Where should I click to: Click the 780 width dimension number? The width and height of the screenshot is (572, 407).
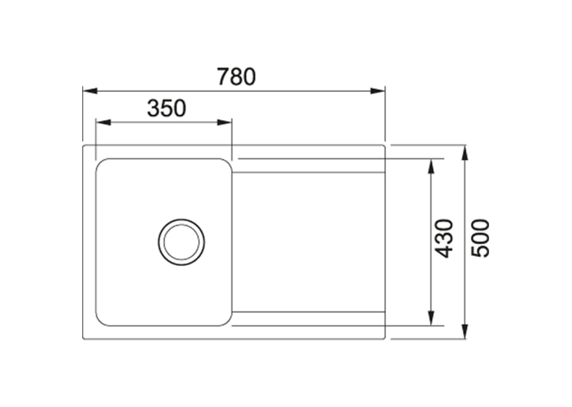click(x=237, y=77)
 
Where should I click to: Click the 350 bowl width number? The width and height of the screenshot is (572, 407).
click(x=167, y=108)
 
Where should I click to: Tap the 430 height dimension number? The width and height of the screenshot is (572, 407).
click(x=444, y=238)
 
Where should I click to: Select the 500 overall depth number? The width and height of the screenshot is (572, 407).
click(x=479, y=238)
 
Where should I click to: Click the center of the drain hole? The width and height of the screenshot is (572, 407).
click(x=181, y=242)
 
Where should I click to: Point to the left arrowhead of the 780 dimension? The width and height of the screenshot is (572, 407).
click(x=90, y=90)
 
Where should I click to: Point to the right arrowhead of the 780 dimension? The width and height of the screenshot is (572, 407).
click(x=378, y=90)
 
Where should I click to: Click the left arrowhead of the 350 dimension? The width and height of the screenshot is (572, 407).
click(x=103, y=122)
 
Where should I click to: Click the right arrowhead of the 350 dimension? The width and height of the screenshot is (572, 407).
click(x=224, y=122)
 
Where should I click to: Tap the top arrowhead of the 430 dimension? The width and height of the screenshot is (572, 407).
click(x=431, y=167)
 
